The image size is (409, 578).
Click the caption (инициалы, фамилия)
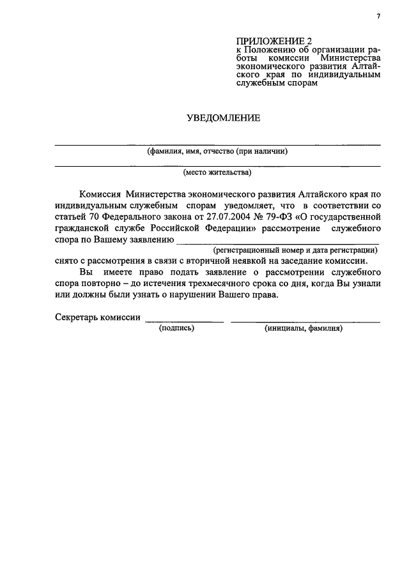tap(304, 328)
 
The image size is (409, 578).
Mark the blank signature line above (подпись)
tap(184, 321)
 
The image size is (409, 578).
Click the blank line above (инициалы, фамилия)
tap(305, 321)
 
